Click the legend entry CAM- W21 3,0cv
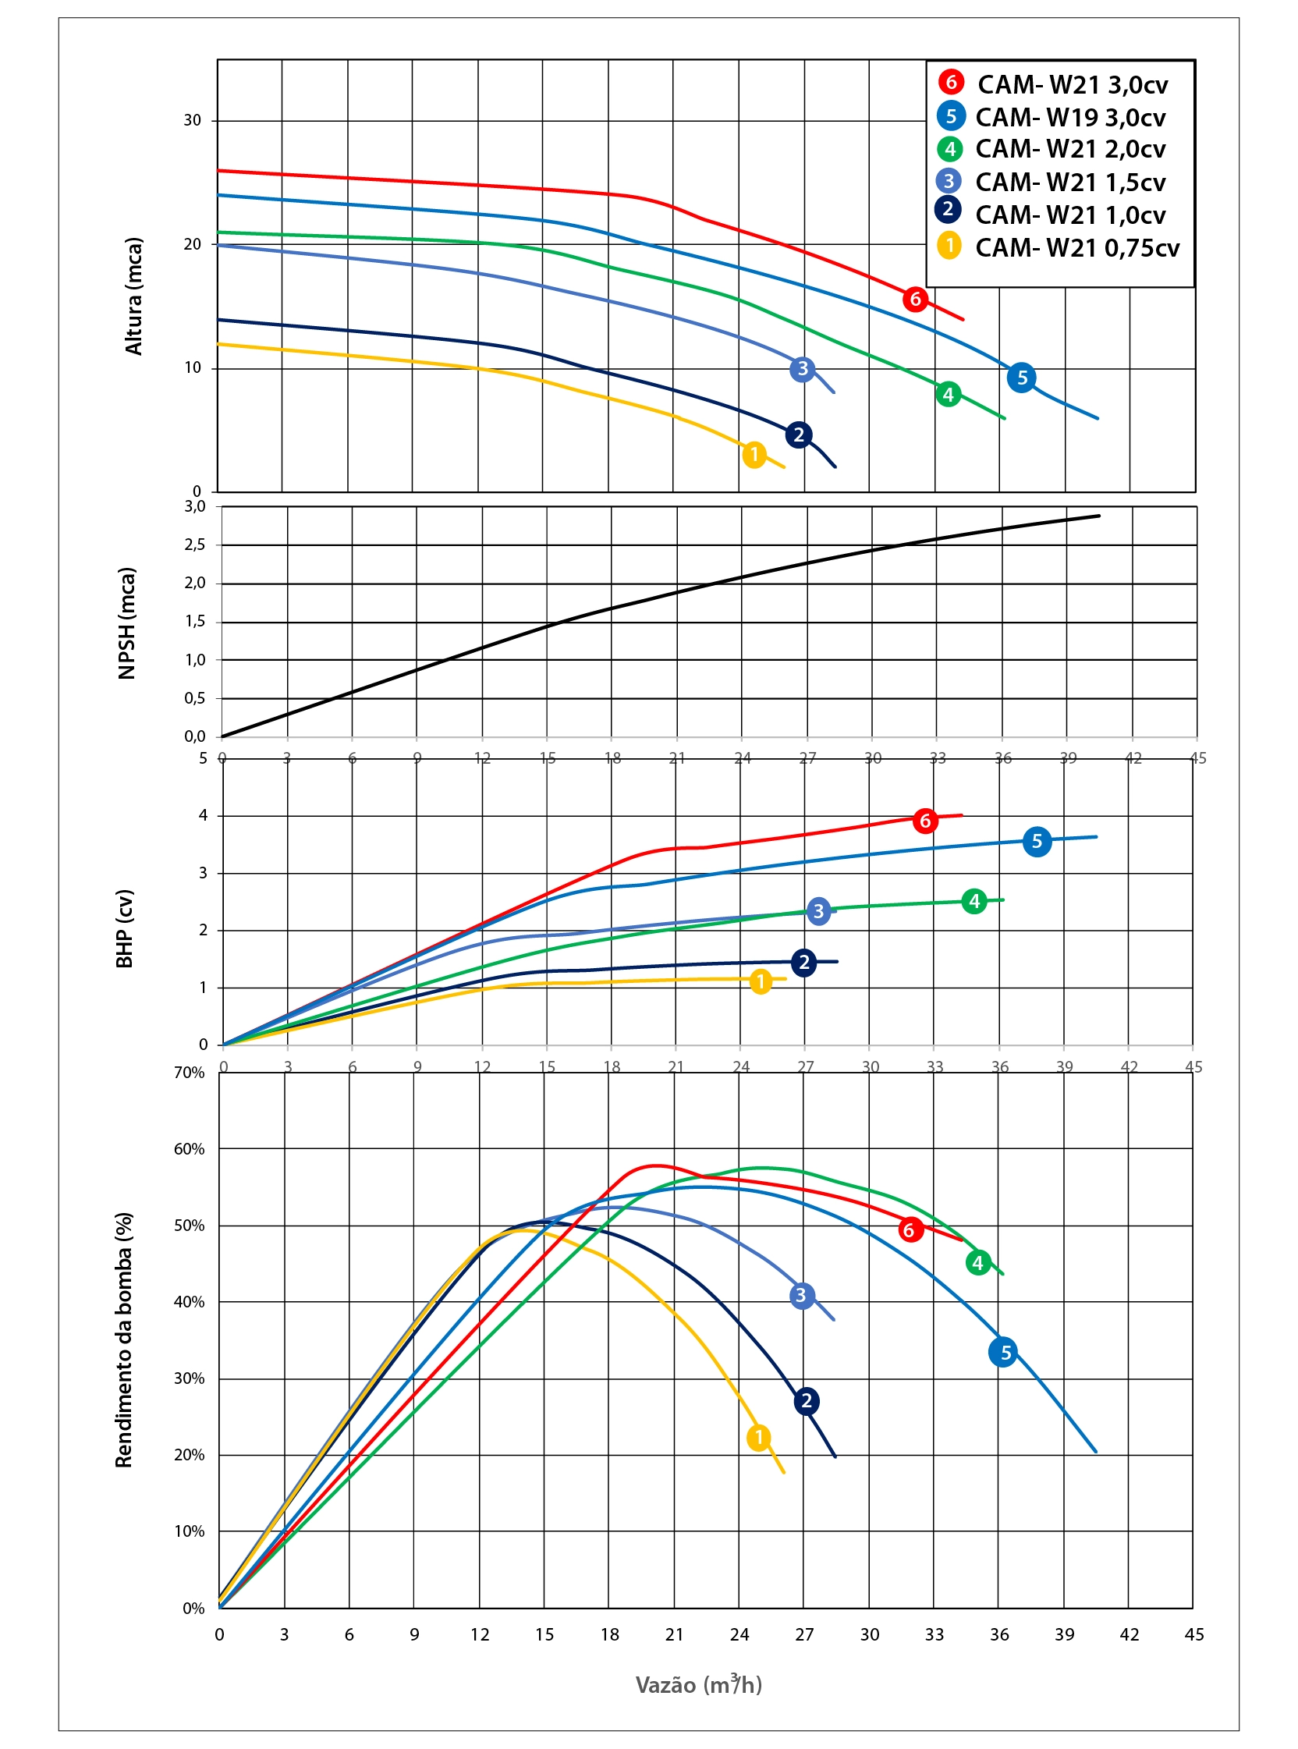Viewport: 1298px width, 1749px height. click(1072, 84)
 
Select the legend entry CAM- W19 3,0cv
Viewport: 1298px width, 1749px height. click(1070, 117)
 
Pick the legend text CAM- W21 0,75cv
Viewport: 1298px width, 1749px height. click(1077, 247)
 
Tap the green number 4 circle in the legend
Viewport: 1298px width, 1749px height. click(950, 148)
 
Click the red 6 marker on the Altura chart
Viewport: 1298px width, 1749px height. click(915, 300)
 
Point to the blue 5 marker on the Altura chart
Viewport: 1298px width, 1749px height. click(1021, 378)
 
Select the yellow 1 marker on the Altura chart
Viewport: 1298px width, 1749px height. click(754, 455)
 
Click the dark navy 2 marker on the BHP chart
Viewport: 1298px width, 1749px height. click(803, 963)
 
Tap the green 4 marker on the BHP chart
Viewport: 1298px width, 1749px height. click(974, 901)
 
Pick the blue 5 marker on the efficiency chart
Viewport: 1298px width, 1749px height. click(1004, 1353)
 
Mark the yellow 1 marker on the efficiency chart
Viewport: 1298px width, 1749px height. click(759, 1438)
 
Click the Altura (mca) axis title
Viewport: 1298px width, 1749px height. click(134, 296)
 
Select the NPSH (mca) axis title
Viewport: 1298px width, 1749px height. click(126, 623)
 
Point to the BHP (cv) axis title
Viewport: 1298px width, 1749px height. click(125, 928)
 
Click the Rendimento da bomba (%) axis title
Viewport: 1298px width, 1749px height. click(124, 1339)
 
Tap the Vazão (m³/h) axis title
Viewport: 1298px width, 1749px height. click(698, 1684)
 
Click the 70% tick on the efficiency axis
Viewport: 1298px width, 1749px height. click(189, 1073)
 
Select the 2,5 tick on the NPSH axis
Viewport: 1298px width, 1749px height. click(195, 545)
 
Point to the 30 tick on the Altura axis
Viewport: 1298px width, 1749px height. click(193, 121)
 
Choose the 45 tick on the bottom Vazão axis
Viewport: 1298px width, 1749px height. click(1193, 1634)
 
